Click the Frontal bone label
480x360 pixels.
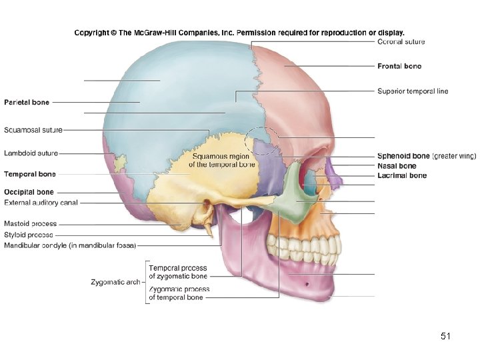399,66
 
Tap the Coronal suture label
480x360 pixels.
401,41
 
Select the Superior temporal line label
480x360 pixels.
413,91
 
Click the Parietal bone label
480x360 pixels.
27,102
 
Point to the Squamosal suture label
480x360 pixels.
33,129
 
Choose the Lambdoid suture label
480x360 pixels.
31,153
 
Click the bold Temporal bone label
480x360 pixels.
30,174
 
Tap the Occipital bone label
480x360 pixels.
29,193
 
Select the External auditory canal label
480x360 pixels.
41,202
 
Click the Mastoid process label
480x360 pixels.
31,224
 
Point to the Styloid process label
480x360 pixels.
29,235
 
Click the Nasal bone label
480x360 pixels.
397,166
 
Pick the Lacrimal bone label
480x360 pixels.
402,175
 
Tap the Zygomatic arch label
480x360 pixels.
115,282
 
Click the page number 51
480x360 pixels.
446,337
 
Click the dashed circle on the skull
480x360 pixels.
261,142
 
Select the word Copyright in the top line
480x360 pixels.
92,32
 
